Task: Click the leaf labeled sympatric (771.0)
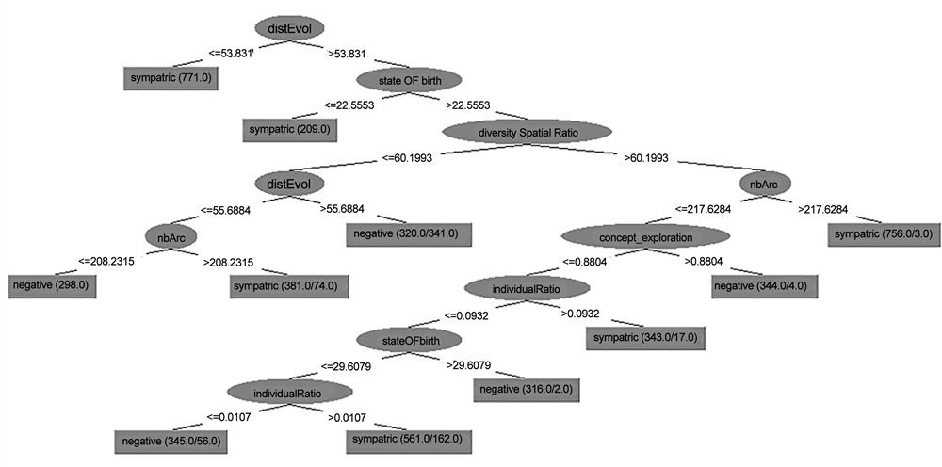click(x=171, y=78)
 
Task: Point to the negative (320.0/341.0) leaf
click(x=409, y=233)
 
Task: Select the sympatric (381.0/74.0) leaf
click(x=289, y=285)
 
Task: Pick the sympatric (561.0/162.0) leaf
click(x=408, y=440)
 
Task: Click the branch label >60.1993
click(x=646, y=157)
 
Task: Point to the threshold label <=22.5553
click(x=349, y=105)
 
